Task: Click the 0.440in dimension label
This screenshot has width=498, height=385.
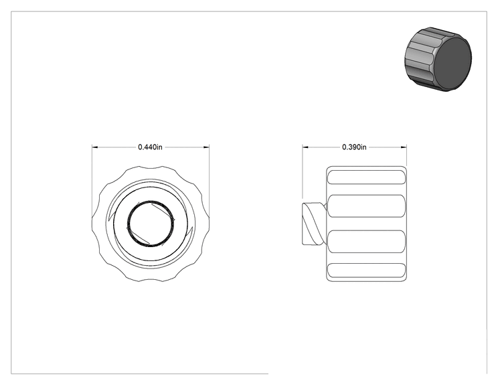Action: (150, 147)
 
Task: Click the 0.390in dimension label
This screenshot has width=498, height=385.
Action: (354, 147)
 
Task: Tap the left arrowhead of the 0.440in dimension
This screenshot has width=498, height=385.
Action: (94, 147)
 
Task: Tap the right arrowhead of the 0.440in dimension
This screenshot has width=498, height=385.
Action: (206, 147)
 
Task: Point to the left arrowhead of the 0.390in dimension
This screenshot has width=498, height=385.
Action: (305, 147)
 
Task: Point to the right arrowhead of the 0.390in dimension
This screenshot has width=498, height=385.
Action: (404, 147)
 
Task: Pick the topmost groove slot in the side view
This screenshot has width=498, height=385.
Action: (367, 177)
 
